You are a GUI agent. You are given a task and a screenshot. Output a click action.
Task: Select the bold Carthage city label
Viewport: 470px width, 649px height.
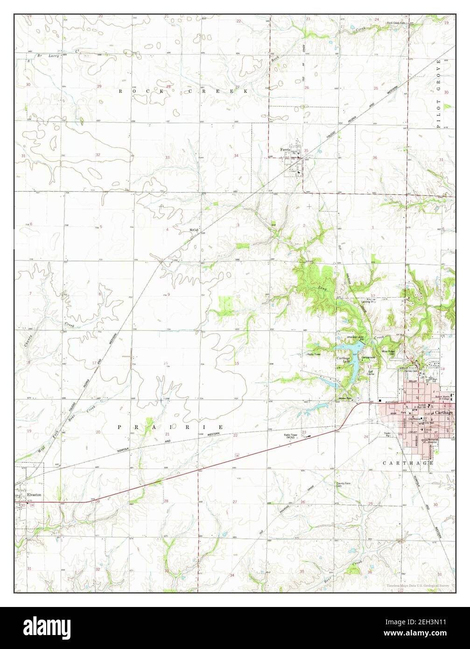point(443,413)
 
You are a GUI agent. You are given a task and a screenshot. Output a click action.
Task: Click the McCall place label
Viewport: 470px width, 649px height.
point(194,231)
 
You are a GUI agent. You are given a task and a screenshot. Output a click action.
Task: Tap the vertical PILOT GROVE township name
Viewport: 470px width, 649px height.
point(439,93)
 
